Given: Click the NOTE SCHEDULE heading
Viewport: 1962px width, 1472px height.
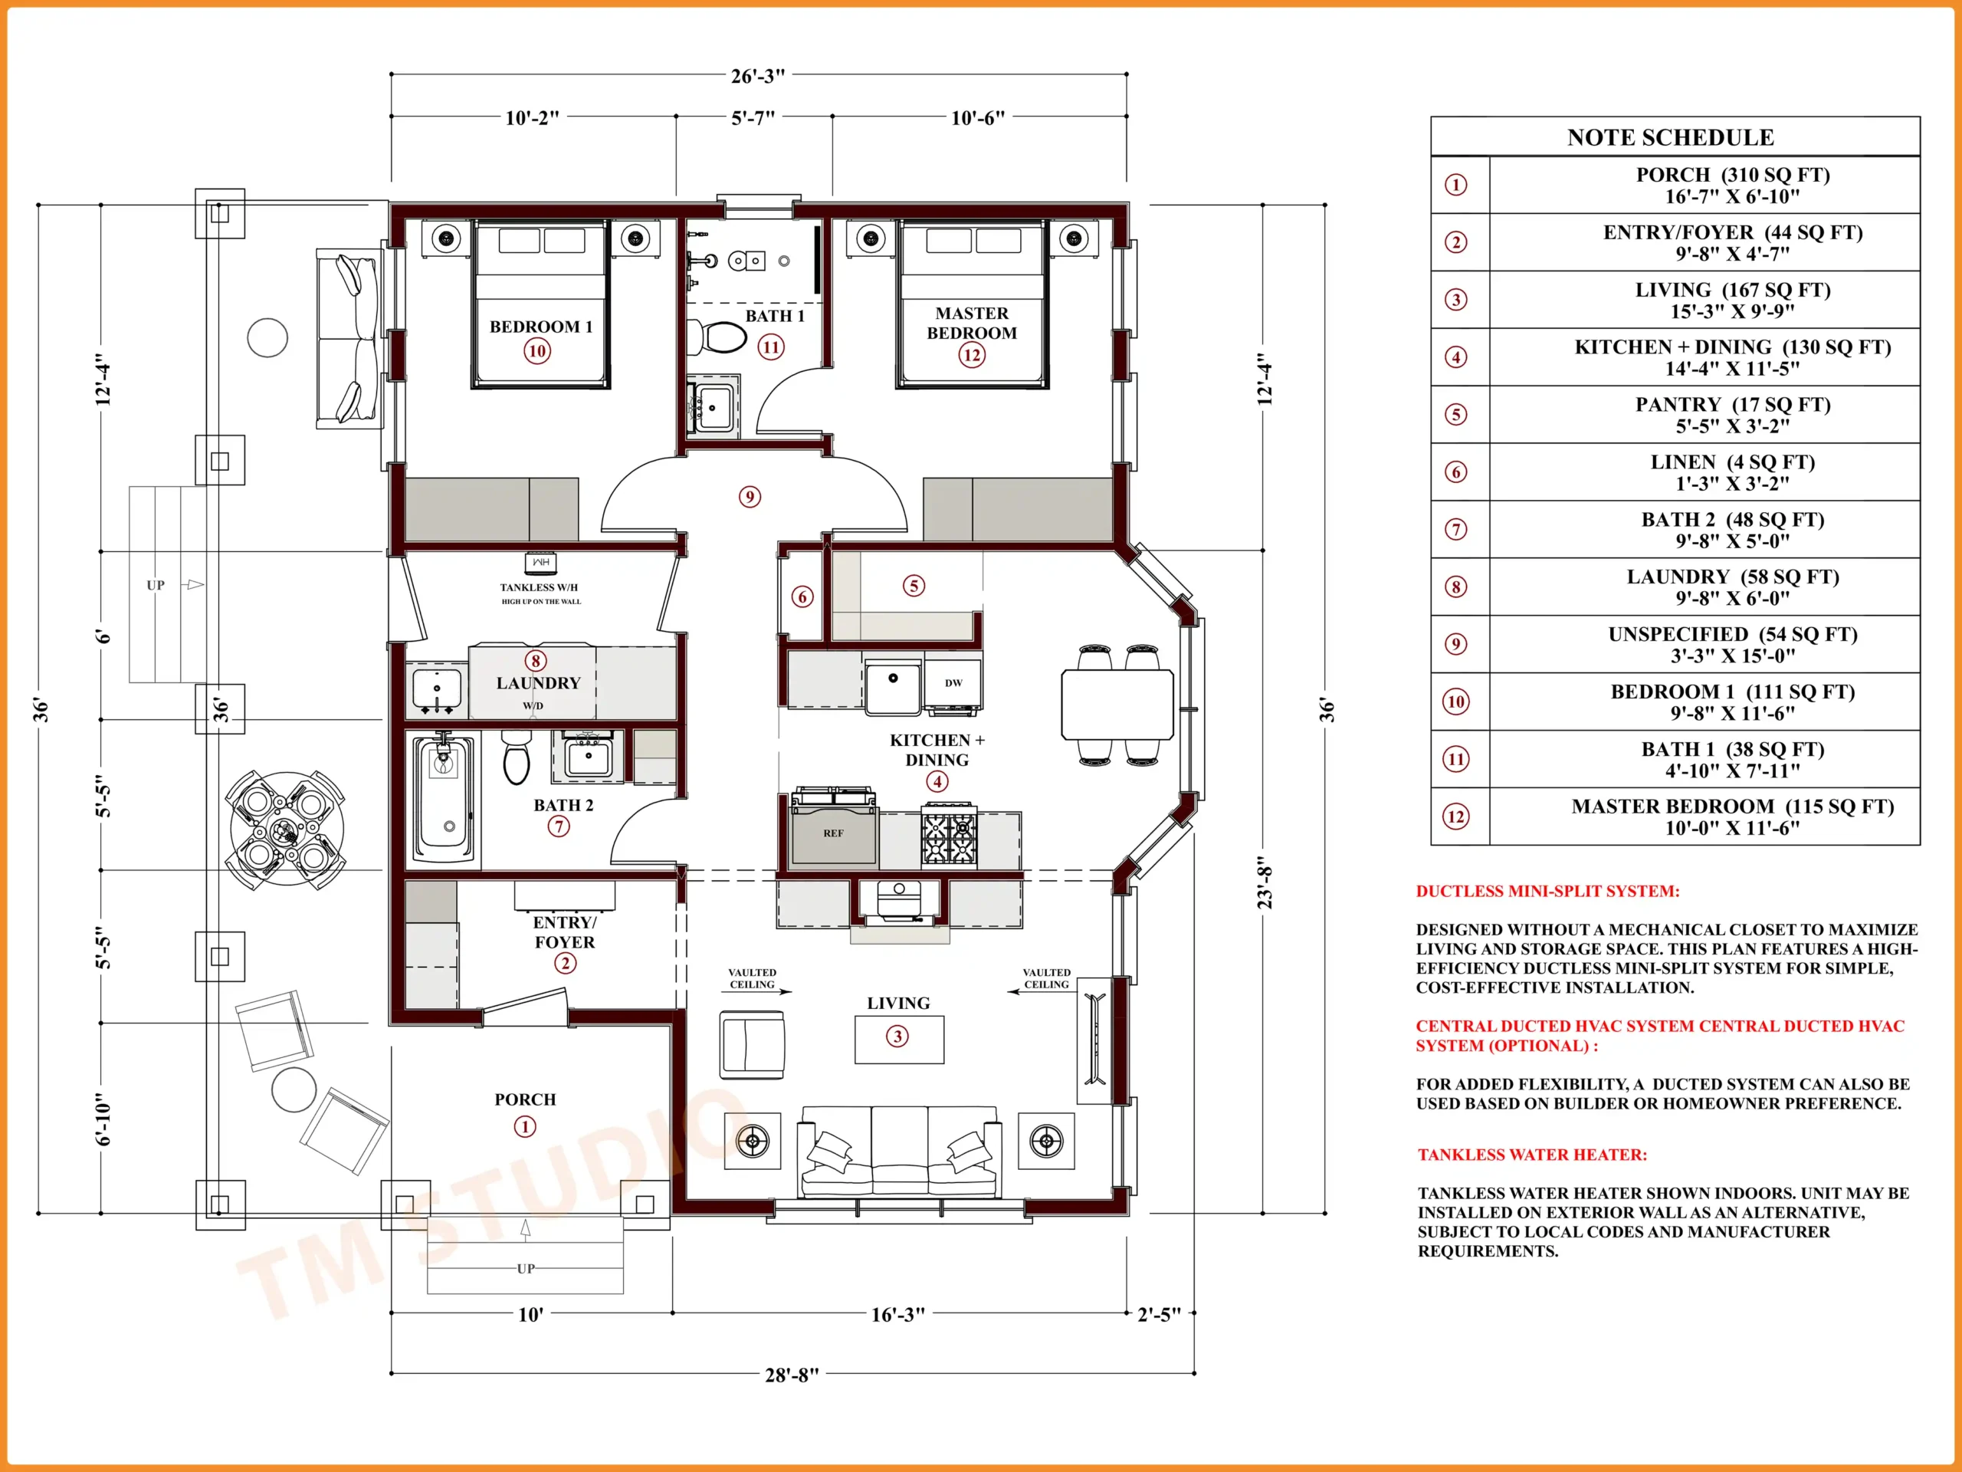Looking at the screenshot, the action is (1670, 137).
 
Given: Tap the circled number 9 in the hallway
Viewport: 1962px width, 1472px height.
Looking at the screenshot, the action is (750, 497).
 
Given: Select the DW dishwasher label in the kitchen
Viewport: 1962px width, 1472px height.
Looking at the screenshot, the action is (953, 682).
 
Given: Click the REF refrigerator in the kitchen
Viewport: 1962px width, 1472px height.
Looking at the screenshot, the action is (834, 830).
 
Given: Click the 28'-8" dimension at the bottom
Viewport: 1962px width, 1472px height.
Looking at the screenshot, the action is (791, 1375).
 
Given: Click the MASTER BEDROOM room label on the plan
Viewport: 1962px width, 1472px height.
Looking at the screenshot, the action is (971, 323).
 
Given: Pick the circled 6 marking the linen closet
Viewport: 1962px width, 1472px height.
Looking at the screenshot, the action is (802, 597).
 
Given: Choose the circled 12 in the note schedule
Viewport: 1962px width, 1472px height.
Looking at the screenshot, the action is (1455, 816).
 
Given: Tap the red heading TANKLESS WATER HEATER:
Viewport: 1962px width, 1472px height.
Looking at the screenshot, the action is (1532, 1155).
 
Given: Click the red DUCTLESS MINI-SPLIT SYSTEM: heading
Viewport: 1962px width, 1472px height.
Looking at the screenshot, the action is (1548, 891).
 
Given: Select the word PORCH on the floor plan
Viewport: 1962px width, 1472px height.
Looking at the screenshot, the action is (525, 1099).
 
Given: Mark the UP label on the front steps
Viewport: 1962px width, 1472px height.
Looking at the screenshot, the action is (525, 1269).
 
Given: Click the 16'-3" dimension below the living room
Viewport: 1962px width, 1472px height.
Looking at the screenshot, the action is (897, 1314).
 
